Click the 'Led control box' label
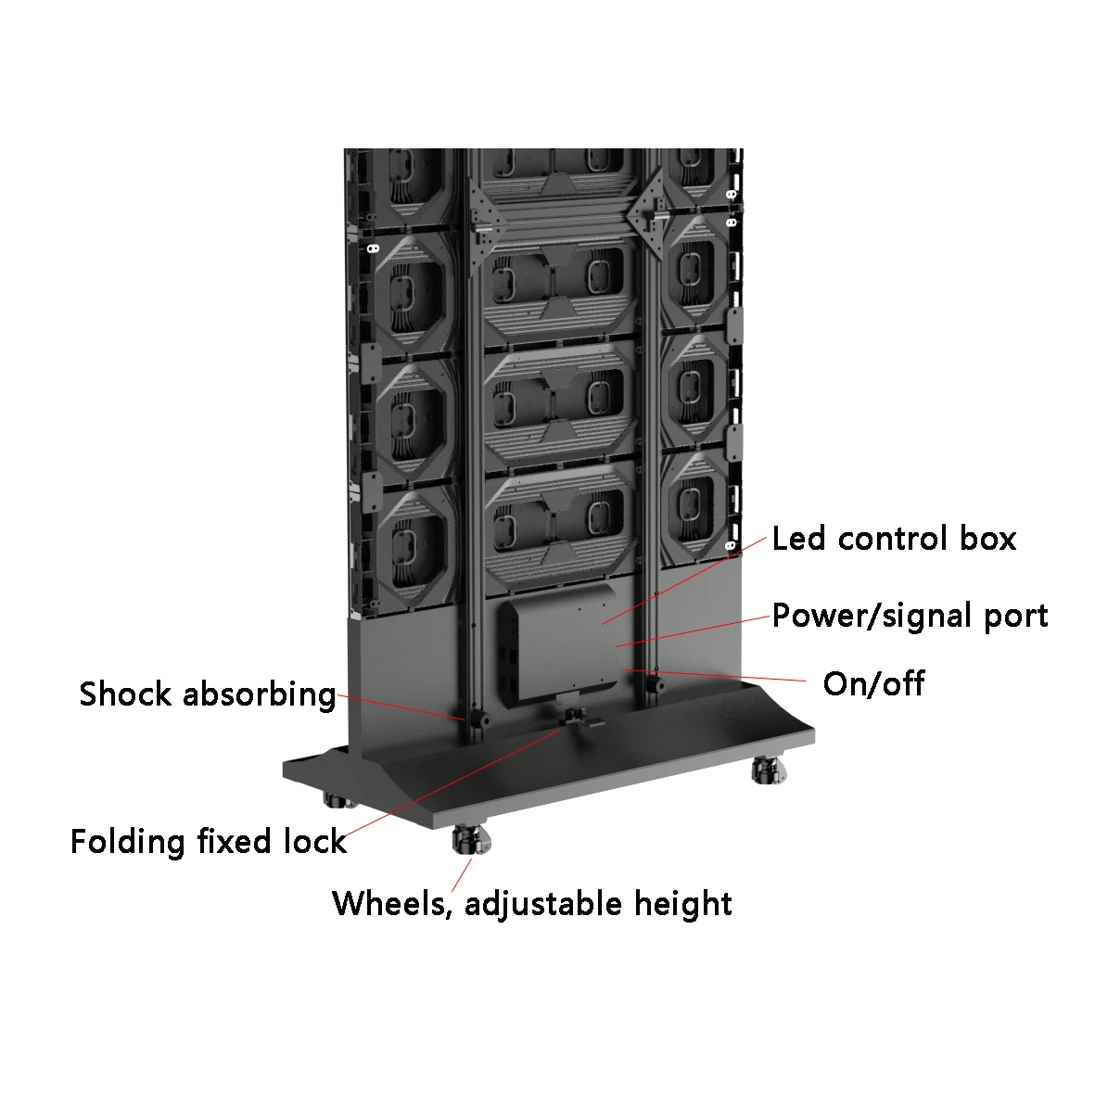(894, 539)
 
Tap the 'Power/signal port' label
(910, 617)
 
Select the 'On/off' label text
(873, 683)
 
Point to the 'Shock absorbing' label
(208, 695)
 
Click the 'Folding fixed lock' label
(208, 842)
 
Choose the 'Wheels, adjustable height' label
(532, 904)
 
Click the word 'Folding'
(128, 842)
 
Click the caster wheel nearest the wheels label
(471, 839)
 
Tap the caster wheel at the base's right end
(769, 770)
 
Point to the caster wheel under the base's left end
(338, 799)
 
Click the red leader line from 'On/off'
(715, 675)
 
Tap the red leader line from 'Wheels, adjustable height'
(462, 875)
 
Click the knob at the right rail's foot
(655, 683)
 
